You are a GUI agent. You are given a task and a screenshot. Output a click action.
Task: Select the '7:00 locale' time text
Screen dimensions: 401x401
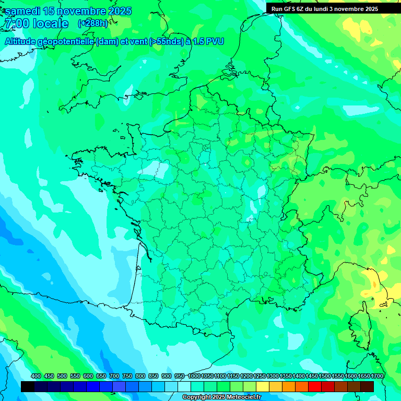click(36, 23)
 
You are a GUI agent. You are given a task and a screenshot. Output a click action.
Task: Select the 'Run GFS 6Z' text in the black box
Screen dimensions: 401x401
click(287, 9)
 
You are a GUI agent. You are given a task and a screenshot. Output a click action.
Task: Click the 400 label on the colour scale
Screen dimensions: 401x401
click(36, 376)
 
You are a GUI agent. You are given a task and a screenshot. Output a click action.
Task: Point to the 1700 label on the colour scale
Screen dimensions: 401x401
click(378, 376)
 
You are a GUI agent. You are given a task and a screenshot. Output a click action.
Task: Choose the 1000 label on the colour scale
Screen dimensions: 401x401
click(194, 376)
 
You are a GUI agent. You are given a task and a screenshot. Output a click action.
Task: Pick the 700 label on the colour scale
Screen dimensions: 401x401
click(114, 376)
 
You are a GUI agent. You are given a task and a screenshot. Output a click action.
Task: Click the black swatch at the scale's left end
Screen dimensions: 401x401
click(28, 386)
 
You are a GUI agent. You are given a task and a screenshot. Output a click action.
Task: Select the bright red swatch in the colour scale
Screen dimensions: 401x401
click(315, 386)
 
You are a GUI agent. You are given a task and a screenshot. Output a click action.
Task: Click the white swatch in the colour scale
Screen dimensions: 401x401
click(184, 386)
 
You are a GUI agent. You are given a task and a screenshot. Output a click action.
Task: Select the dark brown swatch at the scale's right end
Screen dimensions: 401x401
click(367, 386)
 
